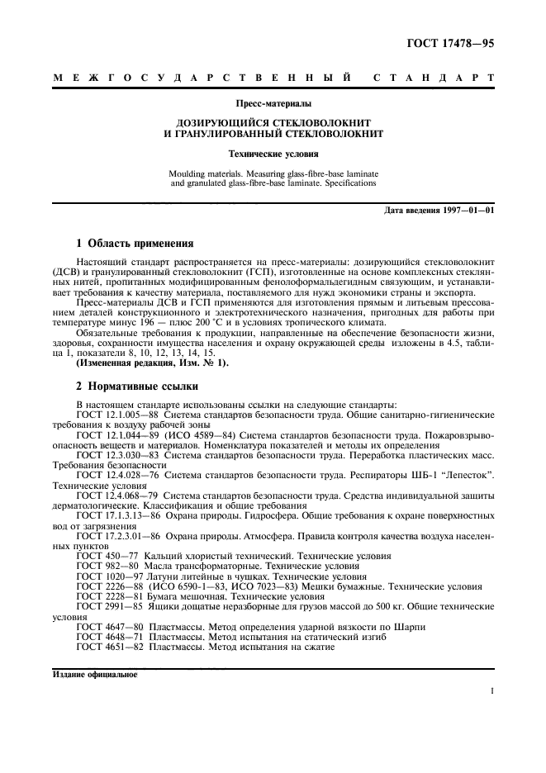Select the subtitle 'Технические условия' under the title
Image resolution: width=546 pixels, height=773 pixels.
(x=273, y=154)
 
